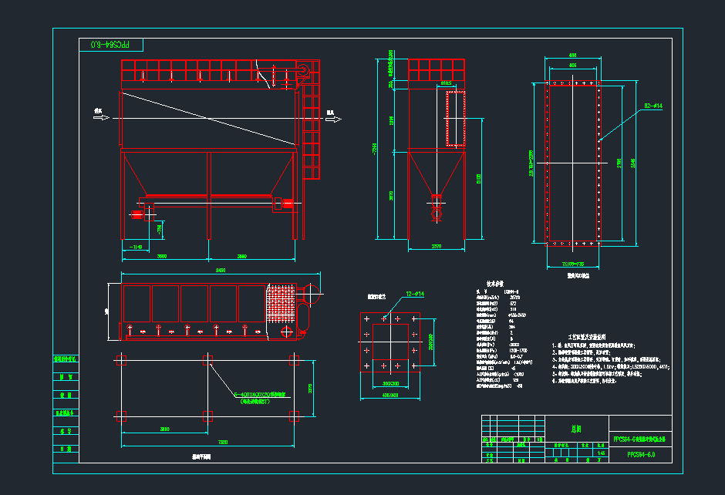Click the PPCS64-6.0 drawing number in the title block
[x=639, y=454]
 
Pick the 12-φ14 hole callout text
[x=414, y=294]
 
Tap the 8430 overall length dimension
[x=220, y=271]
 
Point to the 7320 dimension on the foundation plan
[x=222, y=442]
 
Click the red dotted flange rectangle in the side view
[x=455, y=117]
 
